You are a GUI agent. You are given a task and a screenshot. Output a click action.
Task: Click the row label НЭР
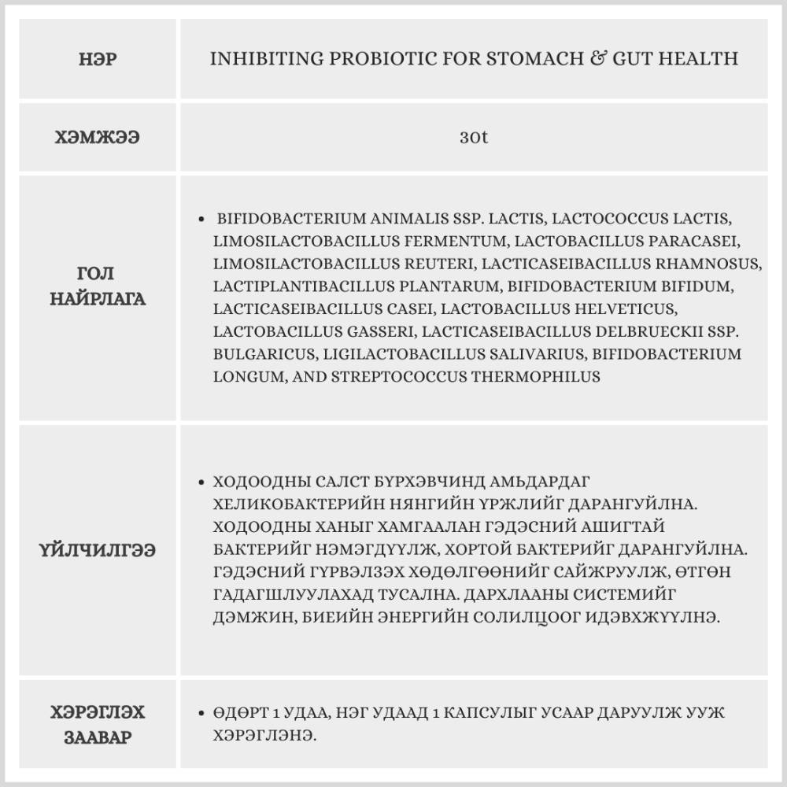(x=98, y=60)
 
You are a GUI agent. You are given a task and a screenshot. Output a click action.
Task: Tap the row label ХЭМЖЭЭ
(x=98, y=137)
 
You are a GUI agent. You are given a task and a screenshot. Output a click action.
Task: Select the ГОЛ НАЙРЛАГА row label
(x=98, y=286)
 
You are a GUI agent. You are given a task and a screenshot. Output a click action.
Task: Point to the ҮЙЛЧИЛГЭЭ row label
(x=98, y=550)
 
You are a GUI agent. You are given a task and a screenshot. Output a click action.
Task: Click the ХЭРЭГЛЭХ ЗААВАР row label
(x=98, y=725)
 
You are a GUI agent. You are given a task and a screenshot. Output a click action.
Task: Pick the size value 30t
(x=474, y=137)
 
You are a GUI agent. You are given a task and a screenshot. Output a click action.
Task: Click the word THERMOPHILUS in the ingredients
(x=536, y=377)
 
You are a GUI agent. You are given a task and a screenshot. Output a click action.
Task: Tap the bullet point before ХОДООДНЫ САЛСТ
(x=205, y=481)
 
